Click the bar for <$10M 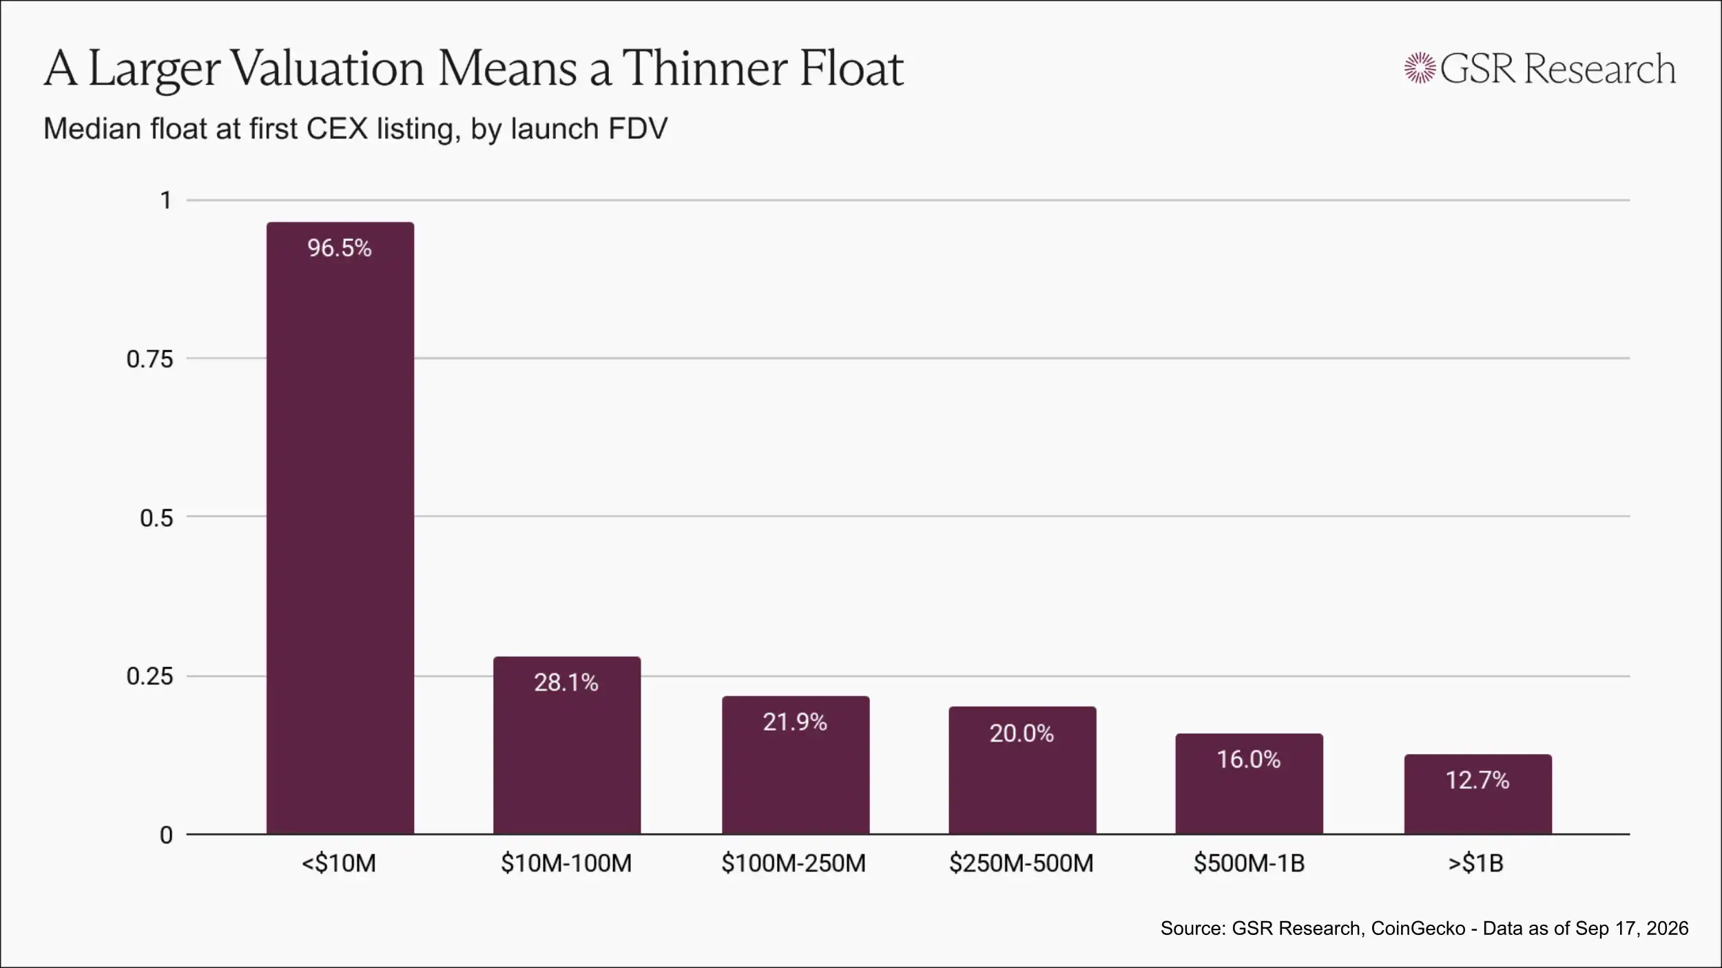click(340, 528)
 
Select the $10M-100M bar click(567, 746)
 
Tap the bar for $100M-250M click(796, 765)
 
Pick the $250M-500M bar click(1022, 770)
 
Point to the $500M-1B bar click(1249, 784)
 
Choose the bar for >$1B click(1478, 795)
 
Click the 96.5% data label click(340, 248)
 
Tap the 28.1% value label click(566, 682)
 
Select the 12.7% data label click(1477, 780)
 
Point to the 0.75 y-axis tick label click(149, 359)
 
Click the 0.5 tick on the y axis click(156, 517)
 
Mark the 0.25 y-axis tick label click(149, 676)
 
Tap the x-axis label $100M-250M click(793, 863)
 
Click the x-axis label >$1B click(1476, 863)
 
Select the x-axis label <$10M click(339, 863)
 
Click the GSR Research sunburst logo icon click(1420, 68)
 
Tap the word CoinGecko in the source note click(1418, 928)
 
